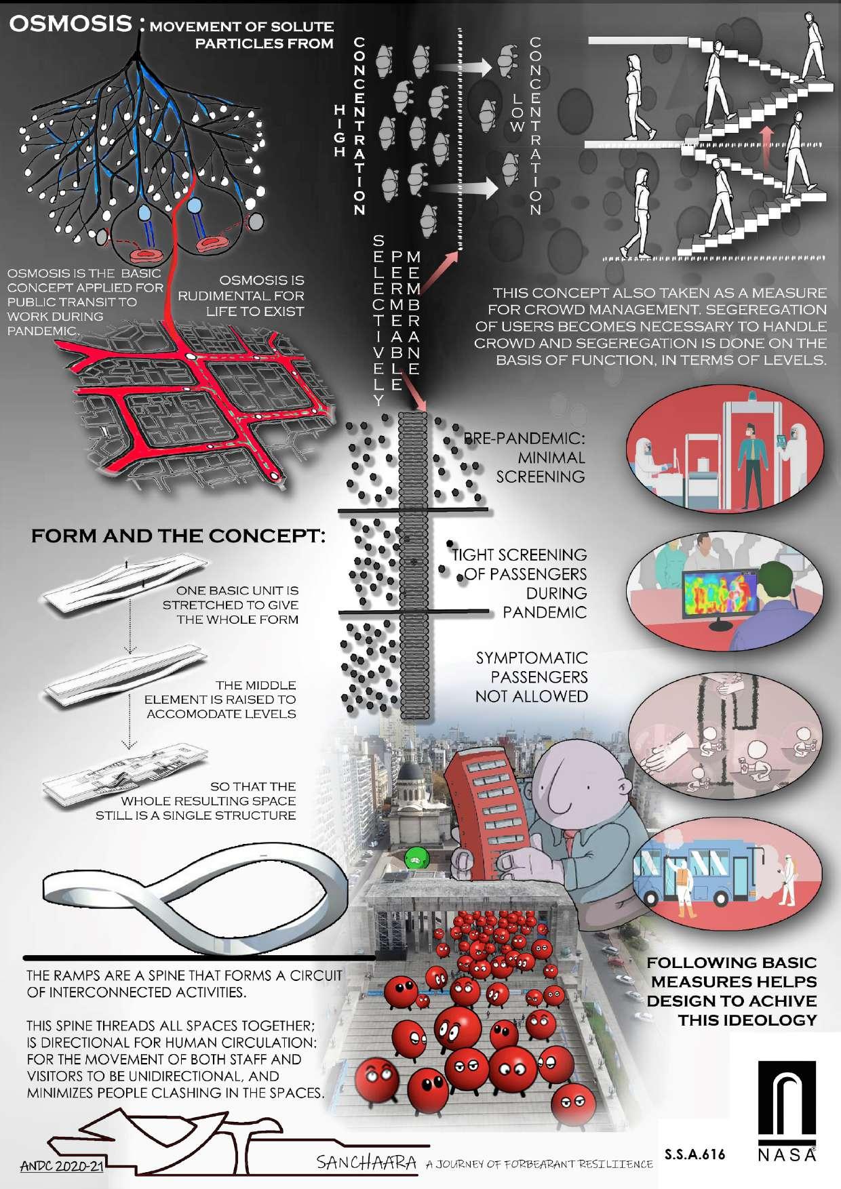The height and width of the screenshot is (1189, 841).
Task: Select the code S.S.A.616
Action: [695, 1154]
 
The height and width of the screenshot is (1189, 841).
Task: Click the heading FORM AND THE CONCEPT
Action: [178, 536]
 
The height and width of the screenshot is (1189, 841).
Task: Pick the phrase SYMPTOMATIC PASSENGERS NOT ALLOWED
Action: [532, 677]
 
